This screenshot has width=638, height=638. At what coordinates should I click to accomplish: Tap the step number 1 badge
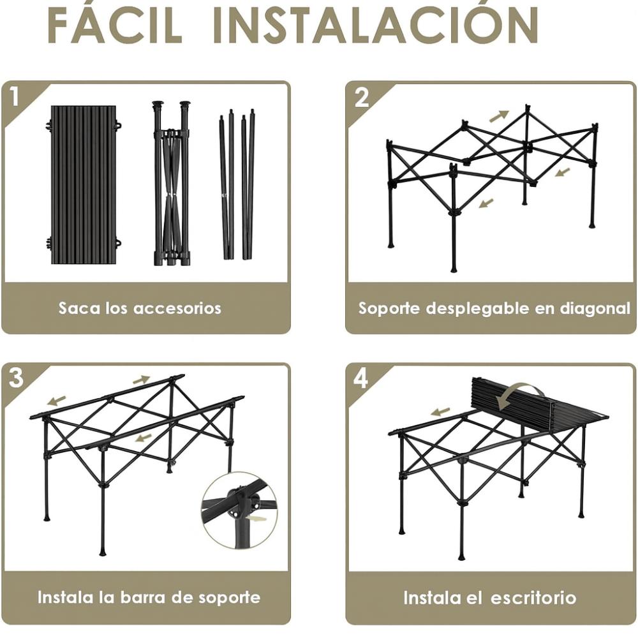coord(15,97)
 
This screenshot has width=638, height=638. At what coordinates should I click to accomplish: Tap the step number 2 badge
coord(361,98)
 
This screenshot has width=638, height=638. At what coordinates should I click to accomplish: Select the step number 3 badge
coord(15,378)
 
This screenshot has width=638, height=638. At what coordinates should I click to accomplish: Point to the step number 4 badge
coord(361,378)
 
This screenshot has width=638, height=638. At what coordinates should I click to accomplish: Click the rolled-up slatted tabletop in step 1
coord(83,185)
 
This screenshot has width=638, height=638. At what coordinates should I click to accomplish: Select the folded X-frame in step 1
coord(172,184)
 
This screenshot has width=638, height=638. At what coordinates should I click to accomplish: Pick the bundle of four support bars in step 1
coord(237,184)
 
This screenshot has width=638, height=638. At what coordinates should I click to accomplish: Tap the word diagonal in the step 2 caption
coord(595,308)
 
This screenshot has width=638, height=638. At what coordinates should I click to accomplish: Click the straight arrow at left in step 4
coord(440,412)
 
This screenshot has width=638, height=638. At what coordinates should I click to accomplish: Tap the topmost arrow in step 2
coord(499,115)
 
